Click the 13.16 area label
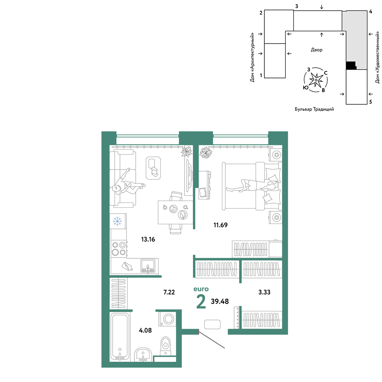[148, 239]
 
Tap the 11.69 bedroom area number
[220, 225]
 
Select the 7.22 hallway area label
[169, 292]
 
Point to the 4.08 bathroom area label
[145, 330]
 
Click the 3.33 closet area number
[264, 292]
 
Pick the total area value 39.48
[220, 301]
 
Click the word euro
[201, 289]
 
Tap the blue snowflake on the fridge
[117, 221]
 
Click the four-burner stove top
[119, 249]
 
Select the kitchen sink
[147, 266]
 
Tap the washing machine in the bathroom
[167, 319]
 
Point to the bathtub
[120, 337]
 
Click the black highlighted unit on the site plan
[351, 65]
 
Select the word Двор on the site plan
[316, 50]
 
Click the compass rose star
[316, 80]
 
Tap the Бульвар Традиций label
[314, 109]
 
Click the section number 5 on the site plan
[371, 102]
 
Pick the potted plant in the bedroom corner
[206, 152]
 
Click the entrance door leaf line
[212, 339]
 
